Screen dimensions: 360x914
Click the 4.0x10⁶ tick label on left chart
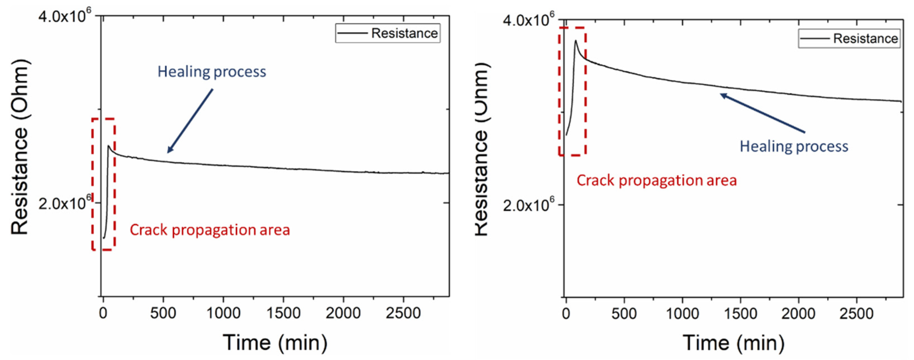pyautogui.click(x=65, y=16)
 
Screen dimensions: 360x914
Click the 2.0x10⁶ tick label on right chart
pyautogui.click(x=528, y=205)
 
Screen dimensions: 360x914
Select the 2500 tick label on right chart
pyautogui.click(x=856, y=313)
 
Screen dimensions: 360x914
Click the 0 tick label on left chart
pyautogui.click(x=103, y=313)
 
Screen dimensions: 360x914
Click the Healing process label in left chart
pyautogui.click(x=212, y=72)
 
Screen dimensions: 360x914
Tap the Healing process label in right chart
pyautogui.click(x=794, y=146)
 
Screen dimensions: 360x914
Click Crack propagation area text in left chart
pyautogui.click(x=210, y=230)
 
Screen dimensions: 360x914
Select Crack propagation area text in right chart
pyautogui.click(x=656, y=180)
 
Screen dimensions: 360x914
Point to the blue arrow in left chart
pyautogui.click(x=190, y=120)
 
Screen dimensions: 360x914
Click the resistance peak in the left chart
pyautogui.click(x=108, y=146)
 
